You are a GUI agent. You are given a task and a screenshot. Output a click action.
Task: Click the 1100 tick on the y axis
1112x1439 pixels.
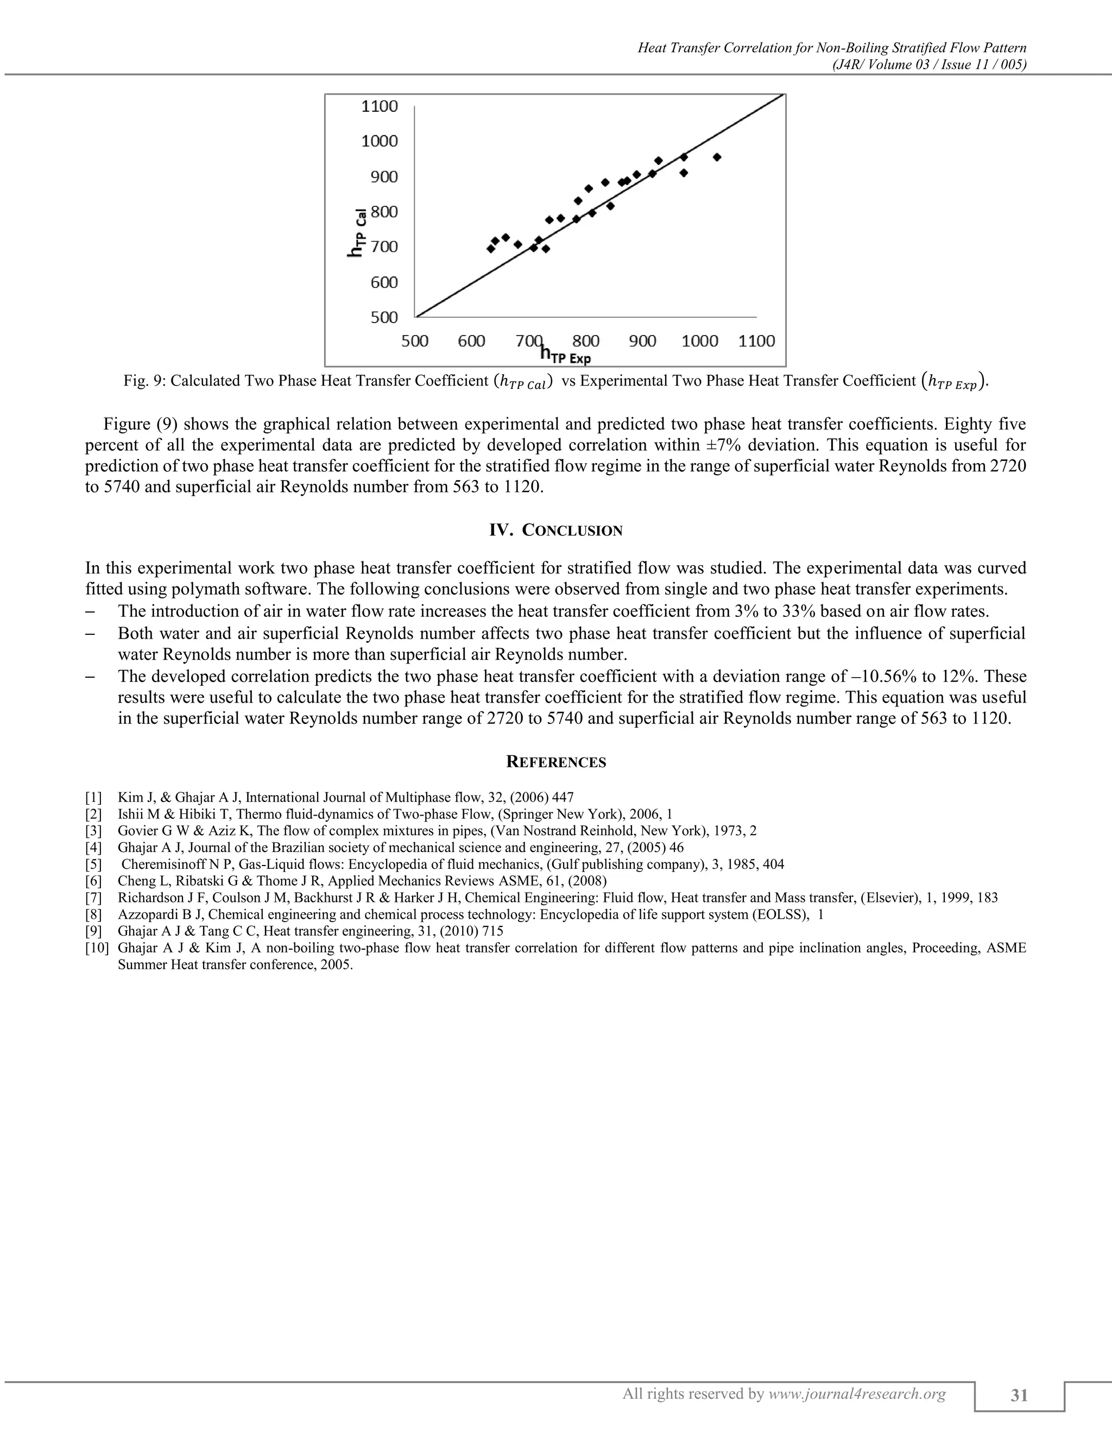(x=380, y=106)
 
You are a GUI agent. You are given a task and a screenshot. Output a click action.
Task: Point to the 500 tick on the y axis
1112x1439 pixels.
(x=380, y=317)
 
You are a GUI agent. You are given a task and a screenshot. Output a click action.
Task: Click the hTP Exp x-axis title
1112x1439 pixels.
(x=565, y=356)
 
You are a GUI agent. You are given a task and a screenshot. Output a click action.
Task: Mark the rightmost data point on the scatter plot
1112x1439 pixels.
(x=717, y=157)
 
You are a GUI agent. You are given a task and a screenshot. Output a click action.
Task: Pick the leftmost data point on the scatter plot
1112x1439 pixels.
(x=491, y=248)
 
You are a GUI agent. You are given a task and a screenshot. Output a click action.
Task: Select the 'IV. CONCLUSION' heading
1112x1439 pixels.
(x=555, y=531)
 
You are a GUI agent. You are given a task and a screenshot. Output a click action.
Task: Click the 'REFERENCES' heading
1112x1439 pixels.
(x=555, y=762)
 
